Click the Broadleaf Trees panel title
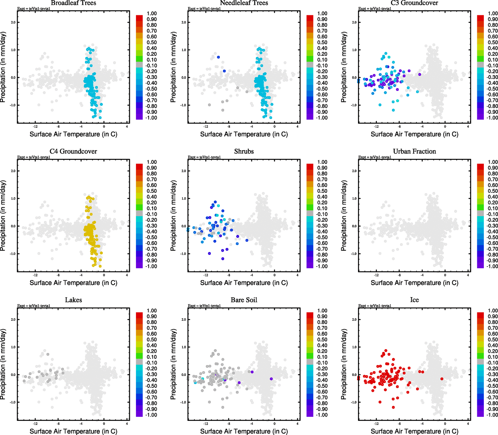coord(73,3)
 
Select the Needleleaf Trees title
coord(244,3)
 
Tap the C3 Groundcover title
coord(414,3)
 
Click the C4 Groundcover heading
coord(73,152)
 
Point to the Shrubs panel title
coord(244,152)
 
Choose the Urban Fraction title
coord(414,152)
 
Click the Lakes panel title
coord(73,300)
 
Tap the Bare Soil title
coord(244,300)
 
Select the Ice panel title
coord(414,300)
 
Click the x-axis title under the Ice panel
coord(414,431)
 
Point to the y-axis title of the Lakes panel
coord(4,364)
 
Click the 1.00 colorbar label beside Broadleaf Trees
coord(152,13)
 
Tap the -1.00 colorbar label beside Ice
coord(492,415)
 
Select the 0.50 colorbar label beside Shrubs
coord(322,191)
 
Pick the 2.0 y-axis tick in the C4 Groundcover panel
coord(13,171)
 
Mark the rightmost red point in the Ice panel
coord(442,379)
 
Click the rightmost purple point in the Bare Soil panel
coord(271,379)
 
